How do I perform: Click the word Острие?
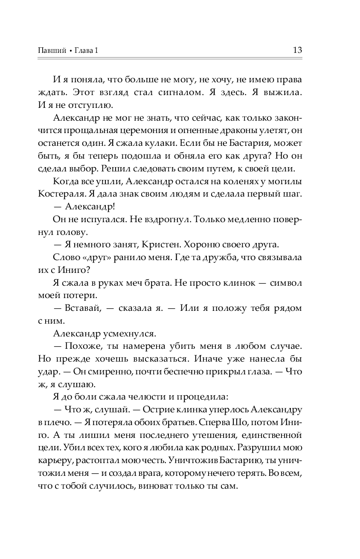(x=161, y=410)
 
